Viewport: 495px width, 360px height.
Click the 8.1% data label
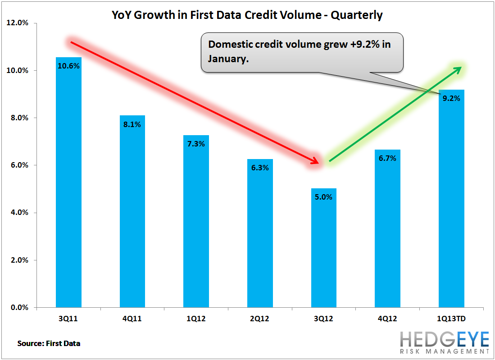click(132, 124)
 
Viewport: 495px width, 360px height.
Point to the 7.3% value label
click(196, 144)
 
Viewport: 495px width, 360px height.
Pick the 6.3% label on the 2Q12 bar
click(260, 168)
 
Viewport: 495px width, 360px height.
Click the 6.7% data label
click(387, 159)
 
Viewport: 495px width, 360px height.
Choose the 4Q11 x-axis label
click(132, 319)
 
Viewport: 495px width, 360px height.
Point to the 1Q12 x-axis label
click(196, 319)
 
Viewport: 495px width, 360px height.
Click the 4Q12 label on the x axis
click(387, 319)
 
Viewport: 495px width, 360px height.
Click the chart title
click(247, 15)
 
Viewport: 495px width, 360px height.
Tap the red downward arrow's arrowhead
click(315, 161)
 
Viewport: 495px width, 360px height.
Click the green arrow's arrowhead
click(457, 70)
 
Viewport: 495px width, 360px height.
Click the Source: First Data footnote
click(49, 343)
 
